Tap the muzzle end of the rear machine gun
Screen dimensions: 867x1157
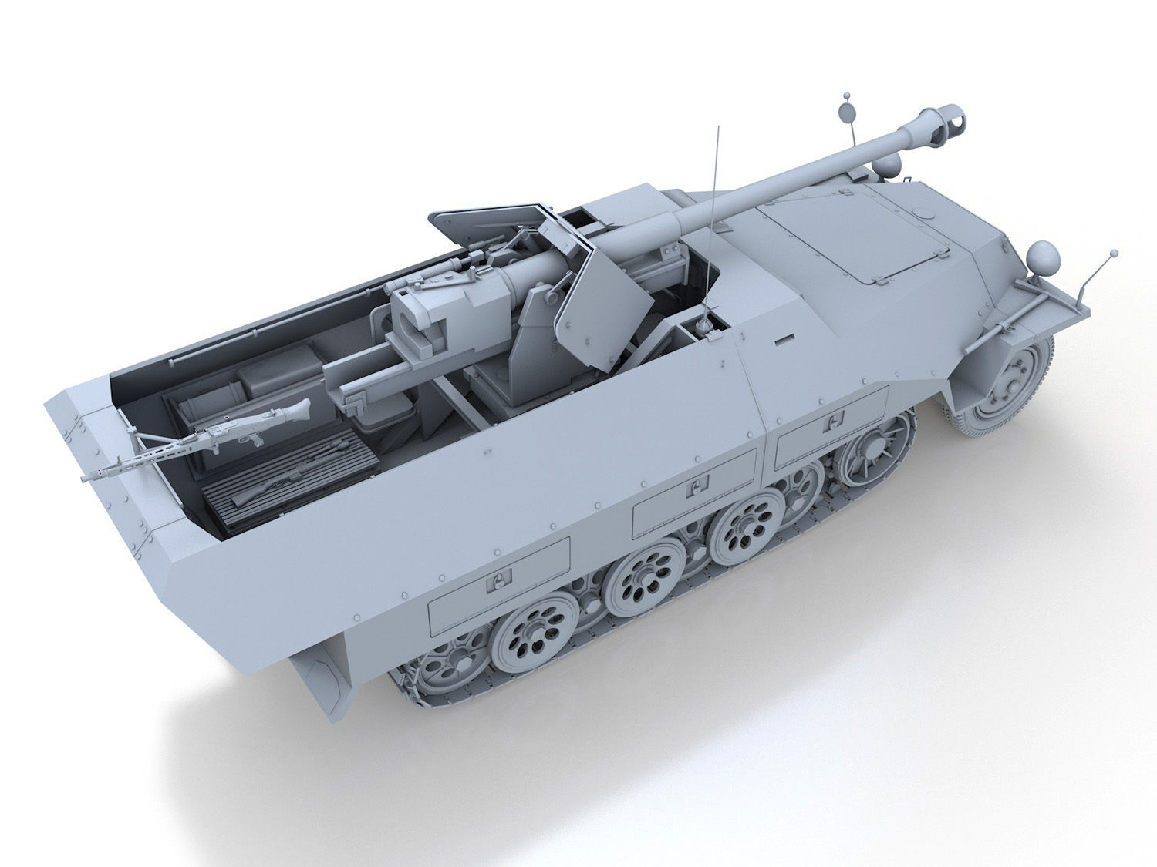85,478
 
